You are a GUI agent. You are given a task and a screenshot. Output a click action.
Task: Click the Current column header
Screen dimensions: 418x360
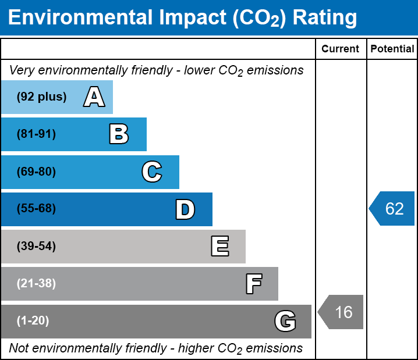click(x=340, y=49)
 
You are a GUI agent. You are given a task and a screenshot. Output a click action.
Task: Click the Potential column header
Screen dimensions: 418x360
click(x=392, y=49)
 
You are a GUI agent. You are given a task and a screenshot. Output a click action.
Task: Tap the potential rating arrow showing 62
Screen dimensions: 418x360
click(x=392, y=208)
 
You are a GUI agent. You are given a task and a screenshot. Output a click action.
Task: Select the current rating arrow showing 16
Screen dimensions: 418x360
click(x=341, y=312)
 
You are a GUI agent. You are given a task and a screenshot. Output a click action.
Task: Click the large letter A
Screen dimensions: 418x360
click(x=94, y=97)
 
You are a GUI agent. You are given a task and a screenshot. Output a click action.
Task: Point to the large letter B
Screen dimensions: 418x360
click(x=119, y=134)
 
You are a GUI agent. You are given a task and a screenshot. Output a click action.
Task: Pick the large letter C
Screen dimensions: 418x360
click(x=152, y=172)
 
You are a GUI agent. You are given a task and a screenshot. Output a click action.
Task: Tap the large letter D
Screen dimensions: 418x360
click(x=185, y=209)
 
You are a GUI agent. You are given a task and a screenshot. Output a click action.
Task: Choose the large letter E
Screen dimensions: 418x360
click(x=220, y=246)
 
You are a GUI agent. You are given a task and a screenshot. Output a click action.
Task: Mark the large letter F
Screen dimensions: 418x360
click(x=254, y=284)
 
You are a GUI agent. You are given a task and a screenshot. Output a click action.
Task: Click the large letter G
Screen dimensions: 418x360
click(x=285, y=321)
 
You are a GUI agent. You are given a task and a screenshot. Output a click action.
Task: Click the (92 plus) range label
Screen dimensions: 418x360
click(x=41, y=97)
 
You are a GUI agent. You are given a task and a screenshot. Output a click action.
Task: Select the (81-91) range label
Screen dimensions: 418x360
click(x=36, y=134)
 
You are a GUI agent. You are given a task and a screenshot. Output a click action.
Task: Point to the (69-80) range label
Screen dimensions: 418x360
click(x=36, y=172)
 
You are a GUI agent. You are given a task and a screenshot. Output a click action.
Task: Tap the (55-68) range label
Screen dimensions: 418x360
click(x=36, y=208)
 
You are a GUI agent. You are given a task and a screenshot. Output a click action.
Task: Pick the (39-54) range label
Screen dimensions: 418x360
click(x=36, y=246)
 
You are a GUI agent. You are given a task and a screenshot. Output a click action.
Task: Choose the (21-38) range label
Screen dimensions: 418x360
click(x=36, y=283)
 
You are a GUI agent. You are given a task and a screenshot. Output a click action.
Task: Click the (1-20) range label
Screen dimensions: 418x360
click(x=33, y=320)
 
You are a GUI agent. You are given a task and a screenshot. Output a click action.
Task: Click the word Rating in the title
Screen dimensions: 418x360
click(x=325, y=18)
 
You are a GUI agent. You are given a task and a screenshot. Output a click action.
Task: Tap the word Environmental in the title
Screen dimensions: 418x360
click(x=80, y=17)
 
